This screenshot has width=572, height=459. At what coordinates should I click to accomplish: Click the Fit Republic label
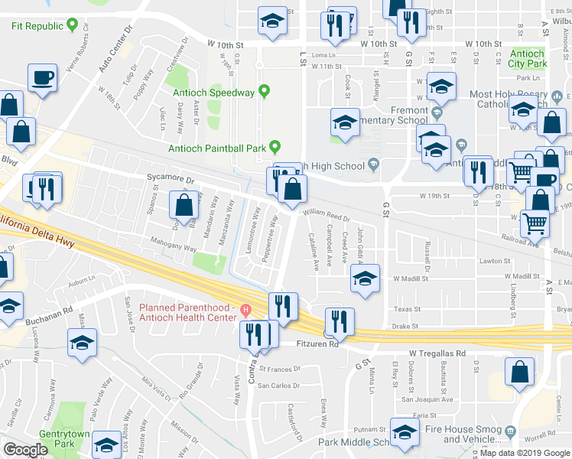(x=37, y=26)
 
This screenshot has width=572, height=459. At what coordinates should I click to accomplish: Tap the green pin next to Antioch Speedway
(x=265, y=93)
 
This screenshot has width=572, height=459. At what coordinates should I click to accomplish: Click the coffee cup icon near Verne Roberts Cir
(x=43, y=78)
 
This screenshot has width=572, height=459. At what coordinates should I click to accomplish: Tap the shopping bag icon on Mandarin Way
(x=184, y=206)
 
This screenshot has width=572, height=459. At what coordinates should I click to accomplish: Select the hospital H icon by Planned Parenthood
(x=245, y=310)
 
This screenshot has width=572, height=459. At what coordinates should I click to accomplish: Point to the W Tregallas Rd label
(x=437, y=354)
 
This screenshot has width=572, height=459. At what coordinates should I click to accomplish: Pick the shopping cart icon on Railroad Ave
(x=534, y=224)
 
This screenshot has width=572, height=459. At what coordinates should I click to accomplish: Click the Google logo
(x=25, y=450)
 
